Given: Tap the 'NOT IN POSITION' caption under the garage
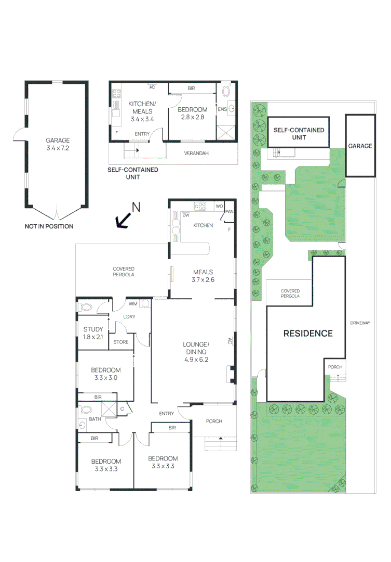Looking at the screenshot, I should click(x=49, y=226).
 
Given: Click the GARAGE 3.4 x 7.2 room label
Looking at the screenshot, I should click(x=57, y=144).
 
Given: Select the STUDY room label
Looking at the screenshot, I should click(x=93, y=333).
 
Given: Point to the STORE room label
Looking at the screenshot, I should click(x=120, y=342).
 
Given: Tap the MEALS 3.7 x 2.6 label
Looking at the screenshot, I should click(x=203, y=276).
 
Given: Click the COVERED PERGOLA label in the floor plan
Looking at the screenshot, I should click(x=124, y=272).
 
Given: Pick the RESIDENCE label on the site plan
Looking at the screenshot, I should click(x=307, y=334).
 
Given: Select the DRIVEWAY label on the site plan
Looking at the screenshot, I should click(x=360, y=323).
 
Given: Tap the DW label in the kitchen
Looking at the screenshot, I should click(x=185, y=214).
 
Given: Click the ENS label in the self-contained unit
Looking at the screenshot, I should click(x=222, y=109).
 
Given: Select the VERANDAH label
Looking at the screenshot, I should click(x=196, y=154).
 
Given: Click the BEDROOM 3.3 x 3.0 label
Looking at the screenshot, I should click(x=105, y=374).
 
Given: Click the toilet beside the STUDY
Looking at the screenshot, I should click(x=86, y=307).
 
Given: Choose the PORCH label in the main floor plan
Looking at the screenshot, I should click(x=213, y=421).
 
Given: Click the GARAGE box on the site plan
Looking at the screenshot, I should click(x=360, y=146).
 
